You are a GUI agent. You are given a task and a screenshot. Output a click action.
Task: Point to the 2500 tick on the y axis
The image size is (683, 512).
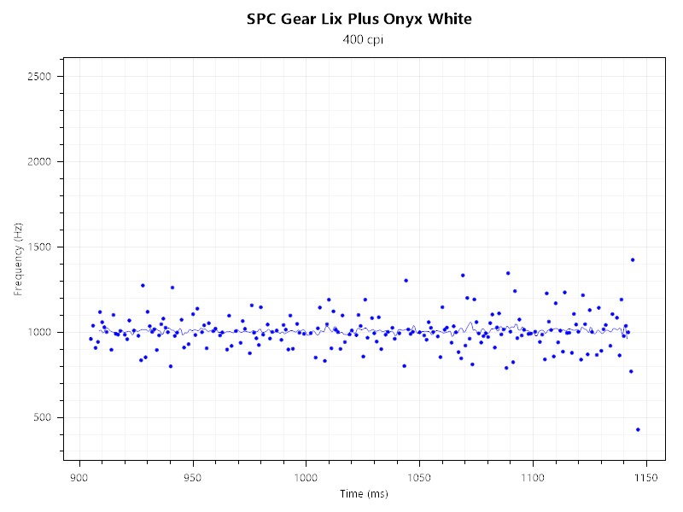(x=41, y=77)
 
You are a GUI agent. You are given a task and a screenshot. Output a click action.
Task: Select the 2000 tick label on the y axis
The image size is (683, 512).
(x=41, y=162)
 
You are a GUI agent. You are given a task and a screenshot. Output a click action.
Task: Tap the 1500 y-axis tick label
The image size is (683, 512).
(x=41, y=247)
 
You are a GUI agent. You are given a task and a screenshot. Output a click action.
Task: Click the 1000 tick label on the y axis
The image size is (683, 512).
(x=41, y=333)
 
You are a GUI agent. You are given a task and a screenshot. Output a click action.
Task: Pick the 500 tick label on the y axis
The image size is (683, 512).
(x=44, y=418)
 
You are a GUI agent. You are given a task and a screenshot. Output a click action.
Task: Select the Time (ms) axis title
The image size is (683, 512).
(x=364, y=493)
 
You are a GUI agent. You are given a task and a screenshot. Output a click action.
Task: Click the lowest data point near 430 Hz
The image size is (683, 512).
(x=638, y=429)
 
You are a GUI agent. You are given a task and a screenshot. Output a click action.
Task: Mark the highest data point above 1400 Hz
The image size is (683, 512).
(x=633, y=259)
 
